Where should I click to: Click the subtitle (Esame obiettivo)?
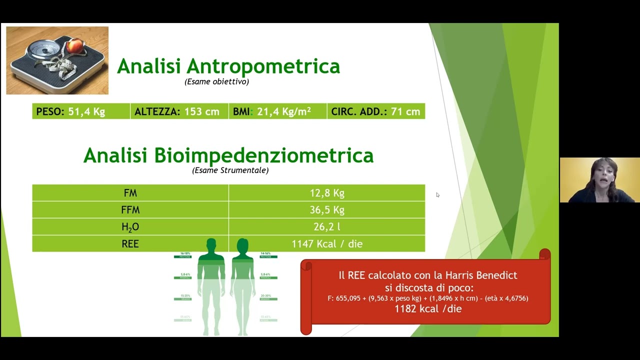216,81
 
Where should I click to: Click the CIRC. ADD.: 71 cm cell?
375,111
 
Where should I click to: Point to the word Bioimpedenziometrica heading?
263,155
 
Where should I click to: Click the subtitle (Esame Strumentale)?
230,170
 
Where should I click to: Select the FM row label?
130,193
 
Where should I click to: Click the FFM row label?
130,210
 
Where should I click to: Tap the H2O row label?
130,227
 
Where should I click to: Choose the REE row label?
130,244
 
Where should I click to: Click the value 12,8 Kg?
327,193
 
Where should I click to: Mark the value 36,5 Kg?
327,210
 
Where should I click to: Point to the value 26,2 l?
327,227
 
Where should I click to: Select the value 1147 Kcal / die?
327,244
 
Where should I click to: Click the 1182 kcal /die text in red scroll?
428,309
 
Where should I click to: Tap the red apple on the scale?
74,46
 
